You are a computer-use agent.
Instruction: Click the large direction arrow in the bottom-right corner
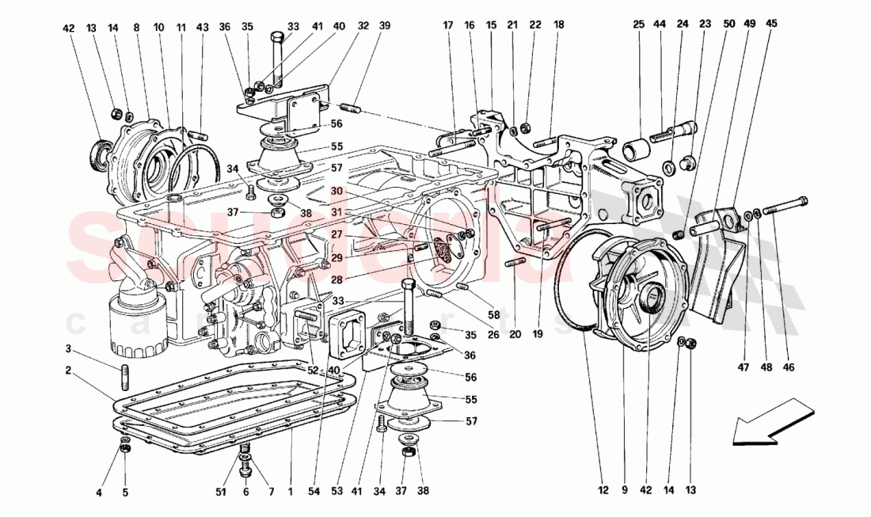pos(772,420)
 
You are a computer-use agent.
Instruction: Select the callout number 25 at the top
pos(638,25)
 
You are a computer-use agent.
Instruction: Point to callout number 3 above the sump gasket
pos(69,349)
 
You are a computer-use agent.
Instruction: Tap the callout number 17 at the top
pos(447,25)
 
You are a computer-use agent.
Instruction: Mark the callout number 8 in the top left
pos(136,28)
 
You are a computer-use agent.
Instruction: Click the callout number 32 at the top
pos(363,25)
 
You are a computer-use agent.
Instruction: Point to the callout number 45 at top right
pos(771,24)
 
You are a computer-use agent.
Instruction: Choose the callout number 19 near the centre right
pos(538,334)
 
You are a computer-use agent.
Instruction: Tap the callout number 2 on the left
pos(69,370)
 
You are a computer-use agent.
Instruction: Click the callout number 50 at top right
pos(728,24)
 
